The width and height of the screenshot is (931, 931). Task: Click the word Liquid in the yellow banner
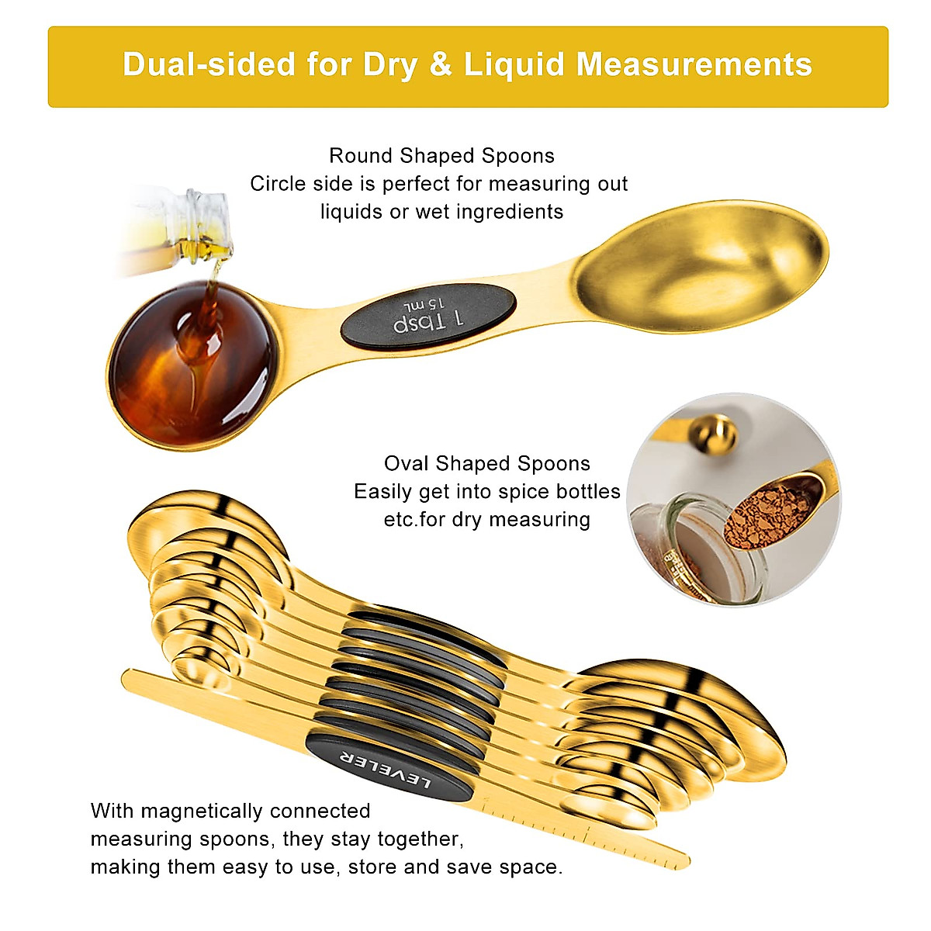tap(514, 64)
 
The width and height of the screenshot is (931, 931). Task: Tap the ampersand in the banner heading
tap(440, 64)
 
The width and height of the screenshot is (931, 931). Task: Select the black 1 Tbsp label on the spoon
tap(428, 315)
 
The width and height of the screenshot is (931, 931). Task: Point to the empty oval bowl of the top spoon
tap(701, 268)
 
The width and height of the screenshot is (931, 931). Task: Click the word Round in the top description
tap(361, 156)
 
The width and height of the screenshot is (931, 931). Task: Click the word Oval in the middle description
tap(407, 464)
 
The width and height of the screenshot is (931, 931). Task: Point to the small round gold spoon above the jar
tap(713, 434)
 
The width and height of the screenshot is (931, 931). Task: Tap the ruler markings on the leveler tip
tap(590, 835)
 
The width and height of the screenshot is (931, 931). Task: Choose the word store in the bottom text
tap(372, 867)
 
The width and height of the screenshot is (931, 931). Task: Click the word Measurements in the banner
tap(694, 64)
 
